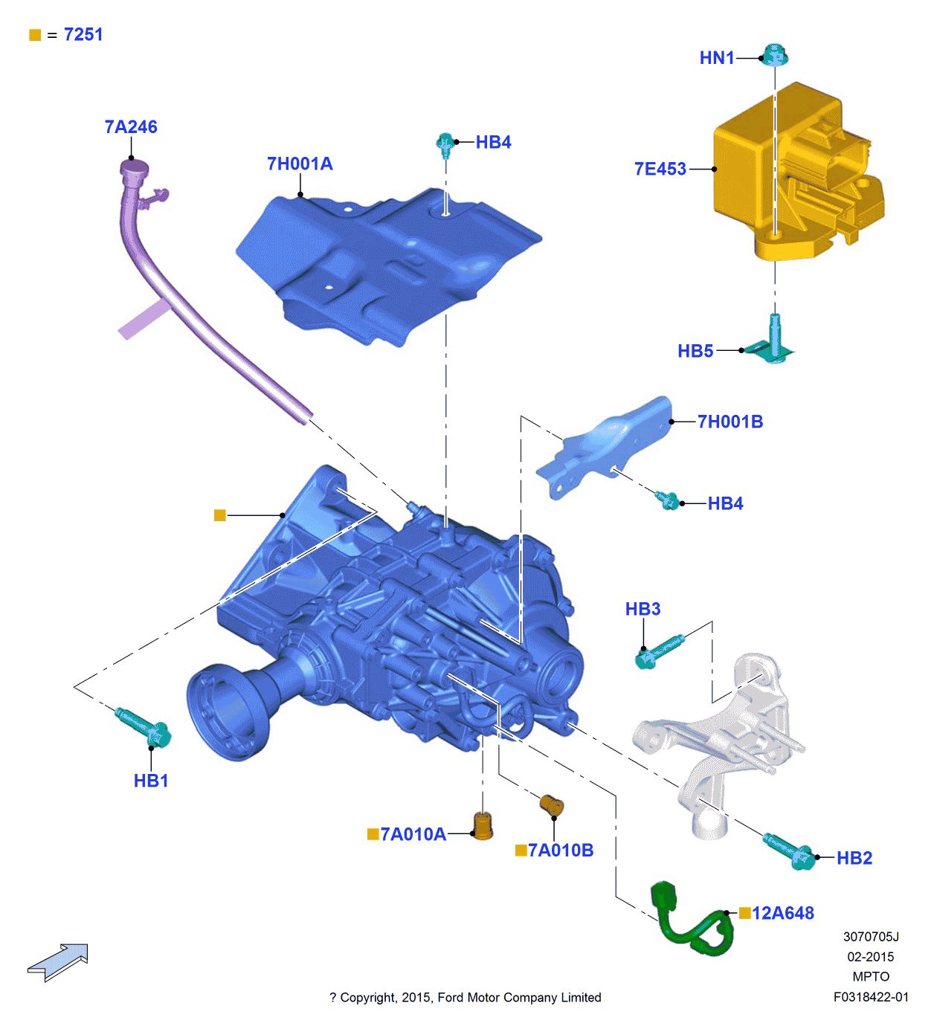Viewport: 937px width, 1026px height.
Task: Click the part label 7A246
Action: (x=131, y=127)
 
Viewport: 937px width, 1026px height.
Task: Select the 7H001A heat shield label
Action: (x=300, y=164)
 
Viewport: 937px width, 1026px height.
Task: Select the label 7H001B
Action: (x=730, y=422)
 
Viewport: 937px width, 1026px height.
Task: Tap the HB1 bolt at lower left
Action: (x=144, y=727)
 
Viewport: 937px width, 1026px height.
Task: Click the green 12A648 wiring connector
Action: (x=688, y=920)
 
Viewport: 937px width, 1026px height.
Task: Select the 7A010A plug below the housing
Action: (x=483, y=825)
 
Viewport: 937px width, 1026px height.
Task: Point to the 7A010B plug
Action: (x=552, y=805)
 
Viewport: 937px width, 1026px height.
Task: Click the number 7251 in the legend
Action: (x=83, y=35)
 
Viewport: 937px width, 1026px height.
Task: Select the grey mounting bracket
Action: (x=721, y=743)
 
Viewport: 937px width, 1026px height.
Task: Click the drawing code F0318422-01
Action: (x=871, y=997)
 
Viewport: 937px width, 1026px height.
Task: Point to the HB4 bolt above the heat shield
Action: (x=445, y=143)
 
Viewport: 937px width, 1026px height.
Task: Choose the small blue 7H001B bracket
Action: (x=606, y=446)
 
